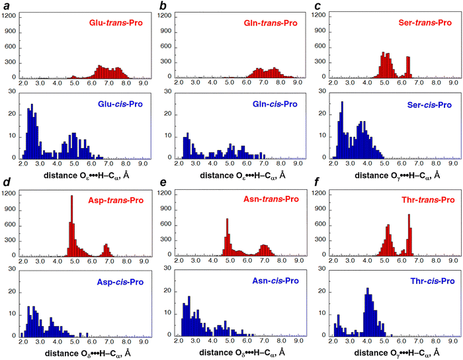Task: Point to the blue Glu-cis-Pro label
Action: tap(116, 104)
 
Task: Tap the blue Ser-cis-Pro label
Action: tap(425, 105)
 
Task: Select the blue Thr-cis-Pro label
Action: tap(425, 282)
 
